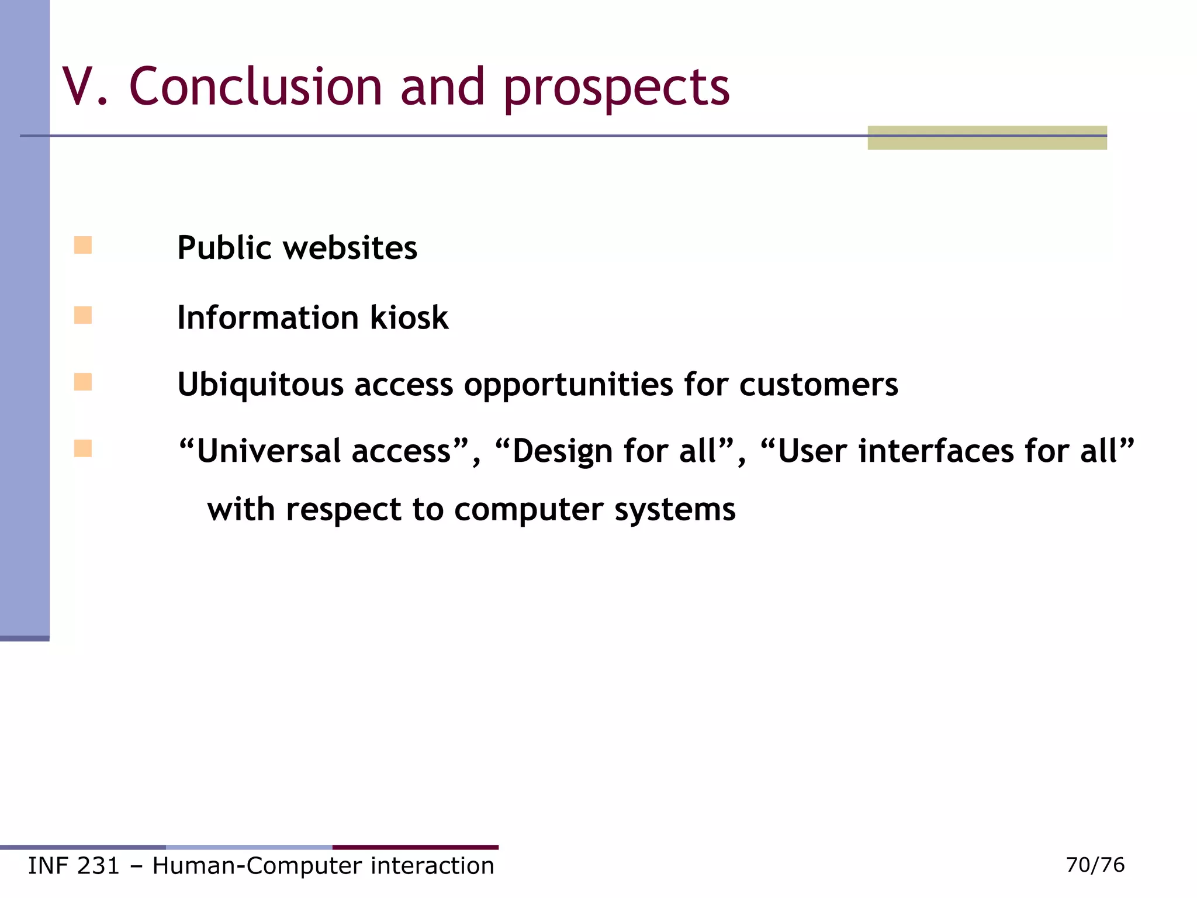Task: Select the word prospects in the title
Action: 616,89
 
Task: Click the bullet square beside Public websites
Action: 83,245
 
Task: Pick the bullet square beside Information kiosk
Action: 83,315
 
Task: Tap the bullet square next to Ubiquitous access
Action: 83,382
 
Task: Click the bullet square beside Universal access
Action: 83,448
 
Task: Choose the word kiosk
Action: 409,317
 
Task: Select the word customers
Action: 818,385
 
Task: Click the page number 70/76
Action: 1095,865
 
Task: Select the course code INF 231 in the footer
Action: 74,866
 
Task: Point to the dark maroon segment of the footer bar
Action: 415,847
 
